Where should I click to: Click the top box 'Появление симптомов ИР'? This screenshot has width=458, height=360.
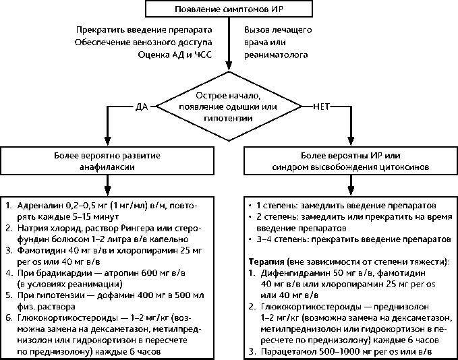pyautogui.click(x=229, y=10)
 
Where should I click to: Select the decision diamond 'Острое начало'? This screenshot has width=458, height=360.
pyautogui.click(x=229, y=107)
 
